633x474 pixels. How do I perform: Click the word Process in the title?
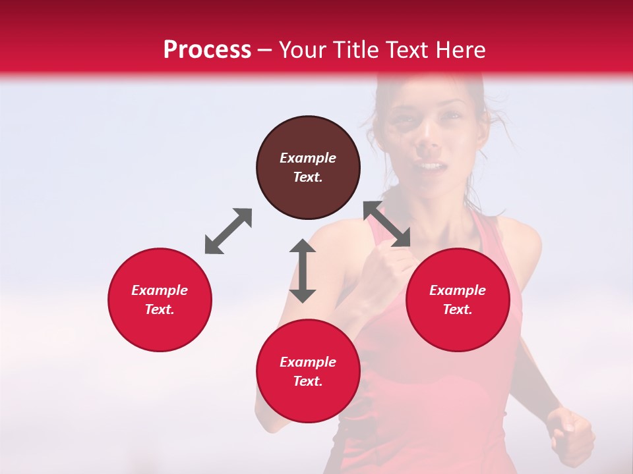pyautogui.click(x=207, y=50)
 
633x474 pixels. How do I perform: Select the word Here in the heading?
pyautogui.click(x=459, y=50)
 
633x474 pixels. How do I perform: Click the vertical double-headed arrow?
pyautogui.click(x=303, y=271)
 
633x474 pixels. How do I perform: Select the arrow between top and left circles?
pyautogui.click(x=228, y=231)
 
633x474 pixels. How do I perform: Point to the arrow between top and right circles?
pyautogui.click(x=387, y=224)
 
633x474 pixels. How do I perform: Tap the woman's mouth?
pyautogui.click(x=429, y=166)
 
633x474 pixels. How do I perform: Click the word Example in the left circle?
pyautogui.click(x=160, y=290)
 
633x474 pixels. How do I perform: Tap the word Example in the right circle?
pyautogui.click(x=458, y=290)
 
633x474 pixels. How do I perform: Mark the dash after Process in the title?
pyautogui.click(x=265, y=50)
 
